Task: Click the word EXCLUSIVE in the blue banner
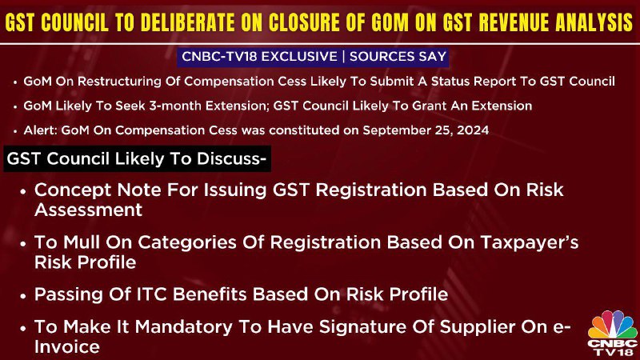[299, 56]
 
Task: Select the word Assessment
[89, 210]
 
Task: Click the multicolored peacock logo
[612, 325]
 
